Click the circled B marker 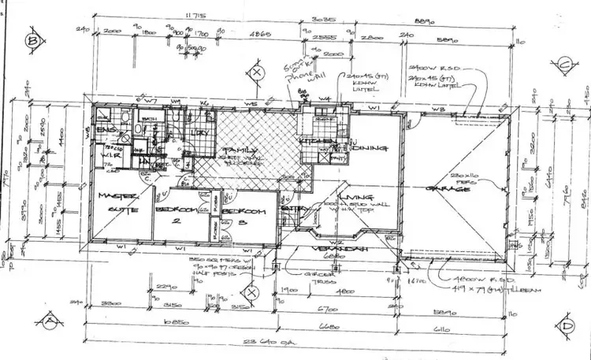coord(33,39)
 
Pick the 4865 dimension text coord(258,35)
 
